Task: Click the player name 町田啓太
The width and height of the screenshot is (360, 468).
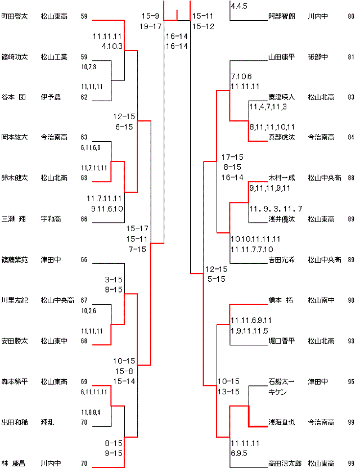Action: [15, 17]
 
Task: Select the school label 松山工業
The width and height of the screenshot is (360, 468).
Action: [54, 57]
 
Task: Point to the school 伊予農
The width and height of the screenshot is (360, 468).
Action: [51, 97]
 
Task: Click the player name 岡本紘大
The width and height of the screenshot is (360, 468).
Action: [15, 137]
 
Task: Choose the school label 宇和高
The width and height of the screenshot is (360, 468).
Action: [51, 219]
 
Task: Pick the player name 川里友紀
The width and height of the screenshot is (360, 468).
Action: [15, 300]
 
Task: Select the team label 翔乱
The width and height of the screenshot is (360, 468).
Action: [47, 422]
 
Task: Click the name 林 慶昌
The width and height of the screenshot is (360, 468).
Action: [13, 463]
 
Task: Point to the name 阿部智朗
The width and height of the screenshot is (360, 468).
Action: [281, 17]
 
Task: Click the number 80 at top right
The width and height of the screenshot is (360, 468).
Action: [351, 17]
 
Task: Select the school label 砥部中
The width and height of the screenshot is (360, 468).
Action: [317, 57]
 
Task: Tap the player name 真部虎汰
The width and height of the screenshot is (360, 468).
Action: [281, 137]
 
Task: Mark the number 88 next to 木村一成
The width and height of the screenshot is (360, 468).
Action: [351, 178]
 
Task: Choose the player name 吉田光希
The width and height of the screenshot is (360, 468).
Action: [281, 259]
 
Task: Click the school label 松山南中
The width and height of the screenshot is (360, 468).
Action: [321, 300]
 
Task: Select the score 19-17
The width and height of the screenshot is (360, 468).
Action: [149, 26]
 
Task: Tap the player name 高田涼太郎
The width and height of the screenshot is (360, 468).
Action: [284, 463]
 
